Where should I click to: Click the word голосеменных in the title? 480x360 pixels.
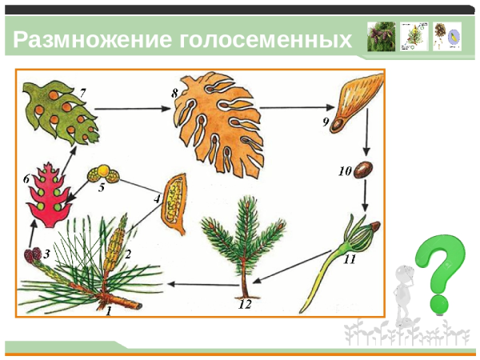click(x=265, y=39)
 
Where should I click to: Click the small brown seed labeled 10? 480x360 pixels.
click(x=365, y=170)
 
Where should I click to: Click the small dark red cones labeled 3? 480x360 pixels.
click(x=34, y=258)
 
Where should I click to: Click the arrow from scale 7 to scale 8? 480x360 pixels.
click(x=132, y=107)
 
